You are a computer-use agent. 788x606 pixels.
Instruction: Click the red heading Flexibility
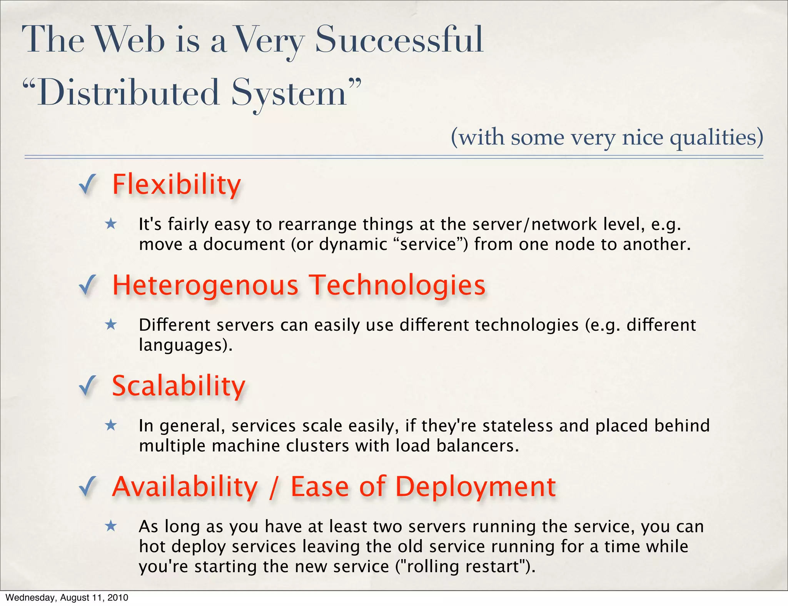176,185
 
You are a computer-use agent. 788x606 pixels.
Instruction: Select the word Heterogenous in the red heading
205,285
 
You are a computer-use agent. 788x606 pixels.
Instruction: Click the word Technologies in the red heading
398,285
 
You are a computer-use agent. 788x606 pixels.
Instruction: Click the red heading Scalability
179,386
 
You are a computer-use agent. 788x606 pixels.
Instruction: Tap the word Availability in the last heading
185,487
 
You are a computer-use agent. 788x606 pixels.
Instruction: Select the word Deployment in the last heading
476,487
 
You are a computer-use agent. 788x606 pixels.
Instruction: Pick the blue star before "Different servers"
111,325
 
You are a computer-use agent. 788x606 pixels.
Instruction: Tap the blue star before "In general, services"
111,425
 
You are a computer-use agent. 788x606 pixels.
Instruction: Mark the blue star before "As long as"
111,526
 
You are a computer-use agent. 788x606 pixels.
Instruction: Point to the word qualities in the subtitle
716,137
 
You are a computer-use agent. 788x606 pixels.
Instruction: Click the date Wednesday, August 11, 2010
67,598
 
